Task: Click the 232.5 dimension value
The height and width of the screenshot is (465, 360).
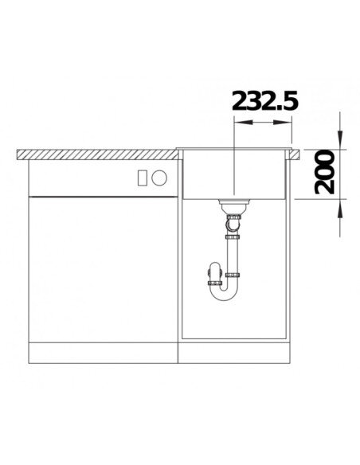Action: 264,100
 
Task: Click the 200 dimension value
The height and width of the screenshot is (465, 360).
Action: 324,172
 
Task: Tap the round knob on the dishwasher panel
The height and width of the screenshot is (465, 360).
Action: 159,178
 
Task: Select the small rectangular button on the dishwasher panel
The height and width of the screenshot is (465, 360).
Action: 143,178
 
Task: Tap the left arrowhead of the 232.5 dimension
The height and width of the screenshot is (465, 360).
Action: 243,122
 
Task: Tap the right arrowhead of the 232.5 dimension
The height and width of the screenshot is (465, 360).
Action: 283,122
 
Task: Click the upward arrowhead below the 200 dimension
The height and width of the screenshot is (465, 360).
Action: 340,209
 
